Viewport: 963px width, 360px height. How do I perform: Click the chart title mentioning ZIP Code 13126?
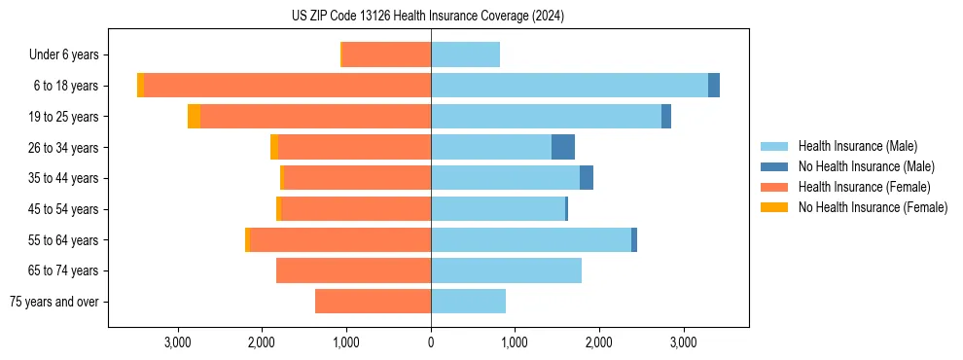[x=428, y=17]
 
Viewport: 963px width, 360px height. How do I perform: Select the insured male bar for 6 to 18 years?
[x=569, y=86]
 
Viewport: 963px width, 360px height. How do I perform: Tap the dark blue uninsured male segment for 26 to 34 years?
[x=563, y=147]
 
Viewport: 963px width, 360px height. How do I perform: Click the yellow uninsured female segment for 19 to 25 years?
[x=194, y=117]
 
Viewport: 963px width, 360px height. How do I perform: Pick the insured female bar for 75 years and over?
[x=373, y=302]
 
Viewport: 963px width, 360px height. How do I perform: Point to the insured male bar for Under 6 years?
[x=465, y=54]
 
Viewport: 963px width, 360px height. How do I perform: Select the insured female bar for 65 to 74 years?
[x=353, y=270]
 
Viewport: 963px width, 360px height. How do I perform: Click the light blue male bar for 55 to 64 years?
[x=531, y=239]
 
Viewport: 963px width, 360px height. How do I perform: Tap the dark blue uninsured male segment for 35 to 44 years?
[x=587, y=178]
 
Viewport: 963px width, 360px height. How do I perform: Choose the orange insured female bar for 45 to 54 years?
[x=356, y=209]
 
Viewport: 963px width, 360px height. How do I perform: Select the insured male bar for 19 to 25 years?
[x=546, y=117]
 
